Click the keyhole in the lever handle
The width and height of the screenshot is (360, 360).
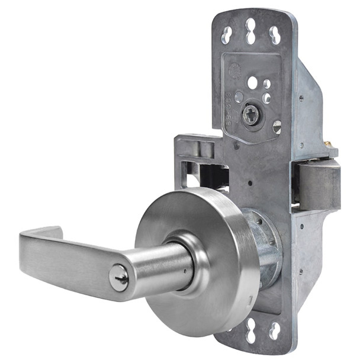[x=119, y=278]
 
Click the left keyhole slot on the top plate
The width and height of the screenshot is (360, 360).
[x=227, y=34]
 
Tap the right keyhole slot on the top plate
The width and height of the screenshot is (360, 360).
[x=274, y=34]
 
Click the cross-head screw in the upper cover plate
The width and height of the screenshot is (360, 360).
[x=251, y=114]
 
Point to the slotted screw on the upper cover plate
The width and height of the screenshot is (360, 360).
[x=277, y=126]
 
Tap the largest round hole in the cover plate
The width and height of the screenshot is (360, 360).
[x=253, y=82]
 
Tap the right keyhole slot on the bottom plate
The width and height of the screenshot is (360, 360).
[x=274, y=329]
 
